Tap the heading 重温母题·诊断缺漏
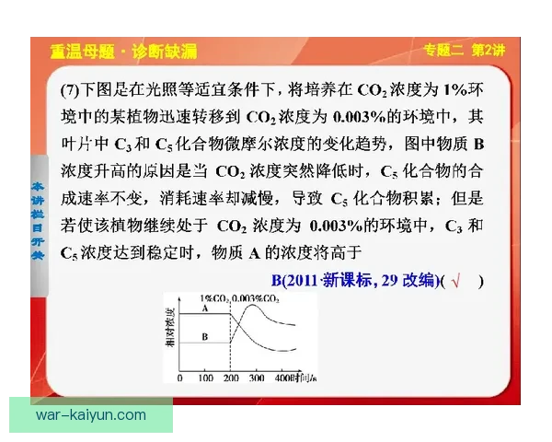pos(123,52)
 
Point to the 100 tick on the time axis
pos(206,378)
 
